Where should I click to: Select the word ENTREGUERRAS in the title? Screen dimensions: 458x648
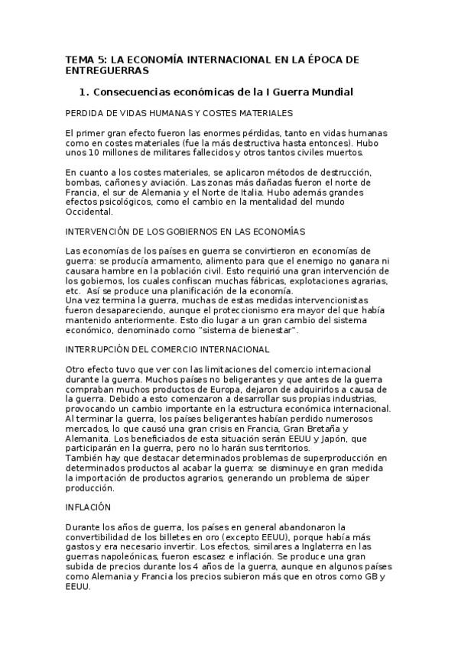106,70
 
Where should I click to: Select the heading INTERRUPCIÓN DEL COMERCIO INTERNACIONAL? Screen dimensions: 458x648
167,348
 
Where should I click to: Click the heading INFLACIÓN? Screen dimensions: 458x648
88,507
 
